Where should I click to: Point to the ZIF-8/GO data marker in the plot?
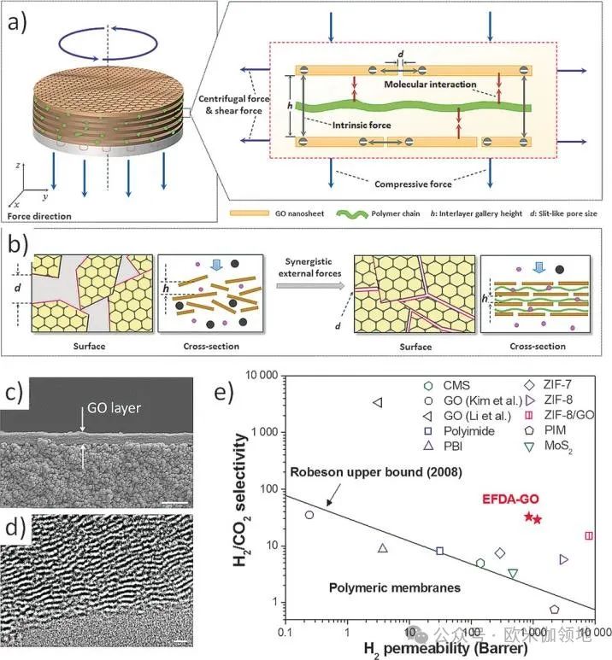[x=589, y=535]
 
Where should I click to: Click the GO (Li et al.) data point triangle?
[x=377, y=402]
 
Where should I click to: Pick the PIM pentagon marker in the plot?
[x=555, y=610]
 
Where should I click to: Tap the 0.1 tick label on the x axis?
[x=285, y=633]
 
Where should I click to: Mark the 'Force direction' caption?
[x=39, y=216]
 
